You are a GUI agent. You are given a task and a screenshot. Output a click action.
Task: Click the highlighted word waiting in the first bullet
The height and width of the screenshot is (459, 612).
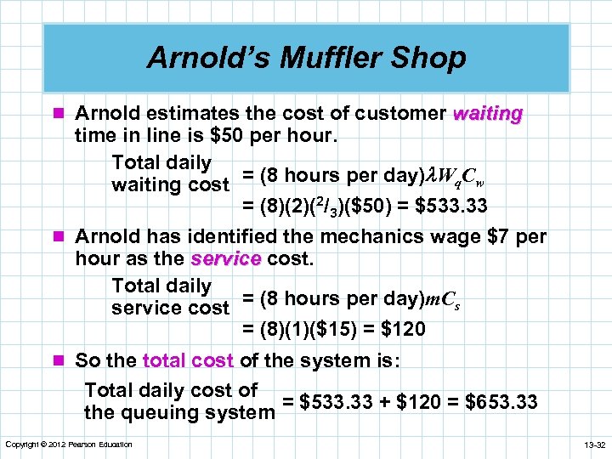coord(489,114)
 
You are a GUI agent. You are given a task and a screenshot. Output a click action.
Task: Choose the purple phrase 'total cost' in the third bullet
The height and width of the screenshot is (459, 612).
coord(188,360)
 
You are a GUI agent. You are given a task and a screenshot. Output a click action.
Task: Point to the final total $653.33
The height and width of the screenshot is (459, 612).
coord(502,401)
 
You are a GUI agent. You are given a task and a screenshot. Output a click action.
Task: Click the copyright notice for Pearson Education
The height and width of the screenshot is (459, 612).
coord(69,445)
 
